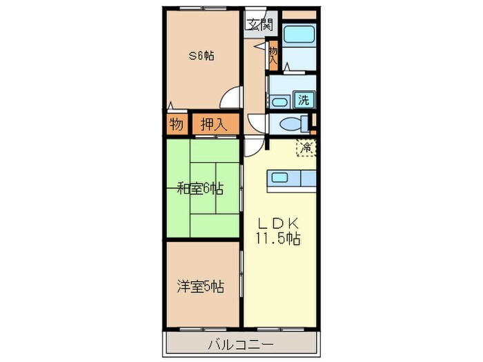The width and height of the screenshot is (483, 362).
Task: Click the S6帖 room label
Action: click(x=201, y=57)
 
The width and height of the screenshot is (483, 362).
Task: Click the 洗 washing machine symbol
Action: click(x=303, y=99)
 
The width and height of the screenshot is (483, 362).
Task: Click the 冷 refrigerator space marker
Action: click(x=306, y=146)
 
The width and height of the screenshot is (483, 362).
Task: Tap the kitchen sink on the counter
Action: click(x=280, y=177)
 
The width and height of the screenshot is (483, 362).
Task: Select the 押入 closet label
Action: click(x=213, y=125)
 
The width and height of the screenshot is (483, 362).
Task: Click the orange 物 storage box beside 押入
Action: click(x=176, y=125)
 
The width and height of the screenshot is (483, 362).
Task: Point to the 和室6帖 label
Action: click(x=201, y=188)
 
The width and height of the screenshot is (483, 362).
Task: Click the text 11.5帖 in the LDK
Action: click(x=279, y=239)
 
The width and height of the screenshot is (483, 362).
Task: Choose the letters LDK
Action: click(x=278, y=223)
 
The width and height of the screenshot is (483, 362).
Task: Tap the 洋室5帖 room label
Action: click(x=201, y=285)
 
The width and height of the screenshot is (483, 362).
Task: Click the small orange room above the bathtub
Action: click(x=299, y=14)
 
